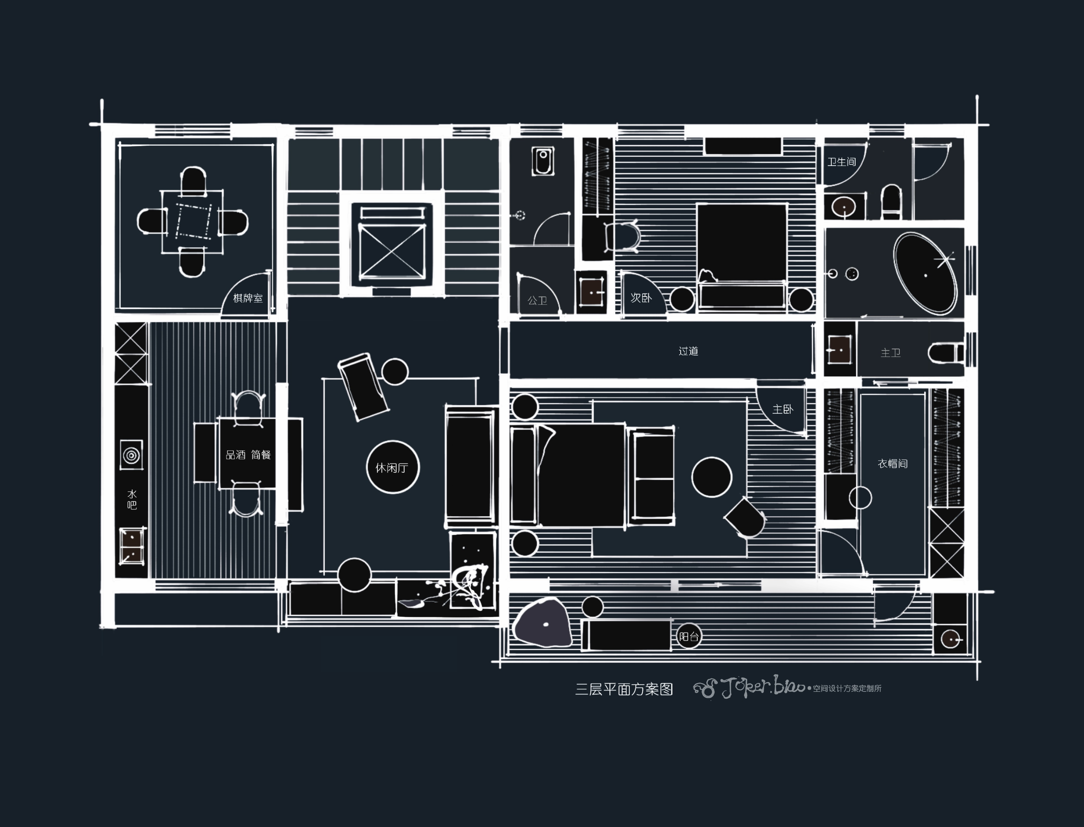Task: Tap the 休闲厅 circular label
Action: [392, 468]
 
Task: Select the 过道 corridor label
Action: [688, 351]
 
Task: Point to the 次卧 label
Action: [641, 298]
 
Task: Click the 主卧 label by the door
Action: [783, 409]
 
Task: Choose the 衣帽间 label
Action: [893, 463]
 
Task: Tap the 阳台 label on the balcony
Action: [689, 636]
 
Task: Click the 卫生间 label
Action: [841, 161]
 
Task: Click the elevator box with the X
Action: [392, 252]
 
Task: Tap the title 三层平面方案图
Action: [624, 689]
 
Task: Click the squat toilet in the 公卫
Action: [543, 161]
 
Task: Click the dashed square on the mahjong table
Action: [193, 221]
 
